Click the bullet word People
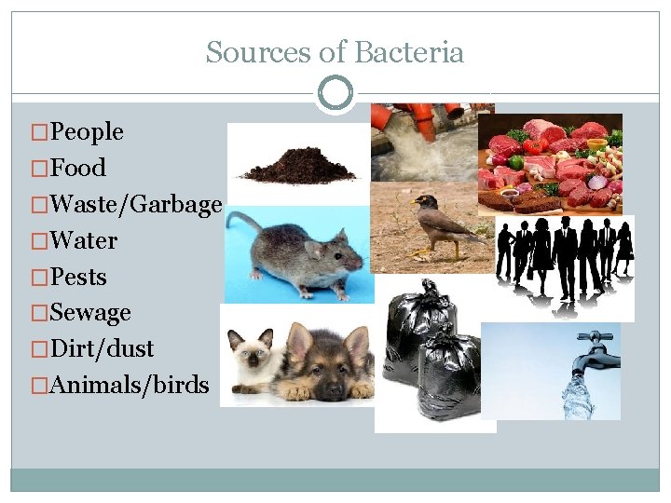click(x=87, y=132)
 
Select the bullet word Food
click(x=78, y=169)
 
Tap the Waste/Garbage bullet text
click(x=136, y=205)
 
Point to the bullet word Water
click(x=84, y=241)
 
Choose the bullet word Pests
click(x=79, y=278)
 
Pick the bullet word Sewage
click(x=90, y=313)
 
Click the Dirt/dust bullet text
click(x=102, y=349)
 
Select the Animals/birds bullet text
click(x=130, y=386)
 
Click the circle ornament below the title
click(x=335, y=93)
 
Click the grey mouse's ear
click(x=315, y=248)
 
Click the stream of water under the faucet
click(x=574, y=396)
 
